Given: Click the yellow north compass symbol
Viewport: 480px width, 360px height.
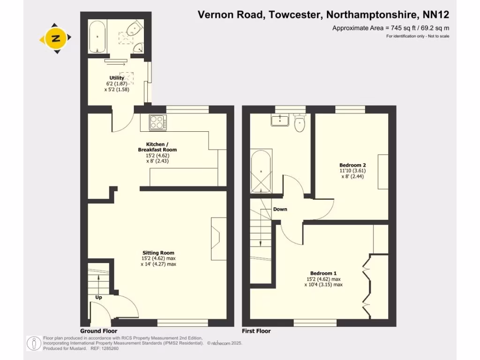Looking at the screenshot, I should click(x=56, y=38).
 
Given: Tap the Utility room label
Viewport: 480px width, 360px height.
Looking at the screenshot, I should click(x=117, y=78).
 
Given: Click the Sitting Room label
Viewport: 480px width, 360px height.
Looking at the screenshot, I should click(x=158, y=253).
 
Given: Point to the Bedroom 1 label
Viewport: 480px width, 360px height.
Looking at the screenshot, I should click(x=323, y=273).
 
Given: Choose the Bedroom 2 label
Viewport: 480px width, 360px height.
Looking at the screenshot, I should click(x=352, y=165).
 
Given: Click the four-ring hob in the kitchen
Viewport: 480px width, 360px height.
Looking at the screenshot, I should click(x=158, y=122).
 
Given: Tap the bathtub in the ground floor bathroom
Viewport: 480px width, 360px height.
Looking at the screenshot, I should click(x=97, y=36).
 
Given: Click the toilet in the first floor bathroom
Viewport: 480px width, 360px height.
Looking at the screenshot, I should click(x=299, y=123).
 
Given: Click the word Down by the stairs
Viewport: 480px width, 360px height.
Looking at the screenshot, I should click(x=280, y=209).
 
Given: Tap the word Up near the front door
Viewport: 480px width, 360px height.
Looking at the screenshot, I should click(x=99, y=297).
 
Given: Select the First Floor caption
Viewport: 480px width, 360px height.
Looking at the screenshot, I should click(x=256, y=331).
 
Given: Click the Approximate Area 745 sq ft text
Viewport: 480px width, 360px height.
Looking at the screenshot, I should click(x=390, y=28).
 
